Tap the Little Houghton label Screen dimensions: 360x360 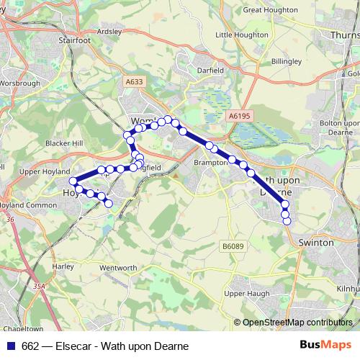(x=242, y=35)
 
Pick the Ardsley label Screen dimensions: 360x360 (x=109, y=32)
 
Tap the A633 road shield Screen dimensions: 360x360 (x=134, y=83)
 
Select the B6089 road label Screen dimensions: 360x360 (x=232, y=246)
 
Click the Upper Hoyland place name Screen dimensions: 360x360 (x=42, y=172)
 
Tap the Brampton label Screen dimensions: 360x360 (x=211, y=163)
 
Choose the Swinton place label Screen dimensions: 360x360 (x=317, y=243)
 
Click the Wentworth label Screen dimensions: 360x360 (x=118, y=268)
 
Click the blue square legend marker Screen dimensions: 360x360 (x=11, y=346)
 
